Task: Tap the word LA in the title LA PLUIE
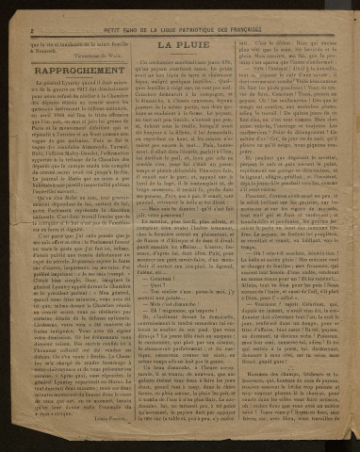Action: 165,43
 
